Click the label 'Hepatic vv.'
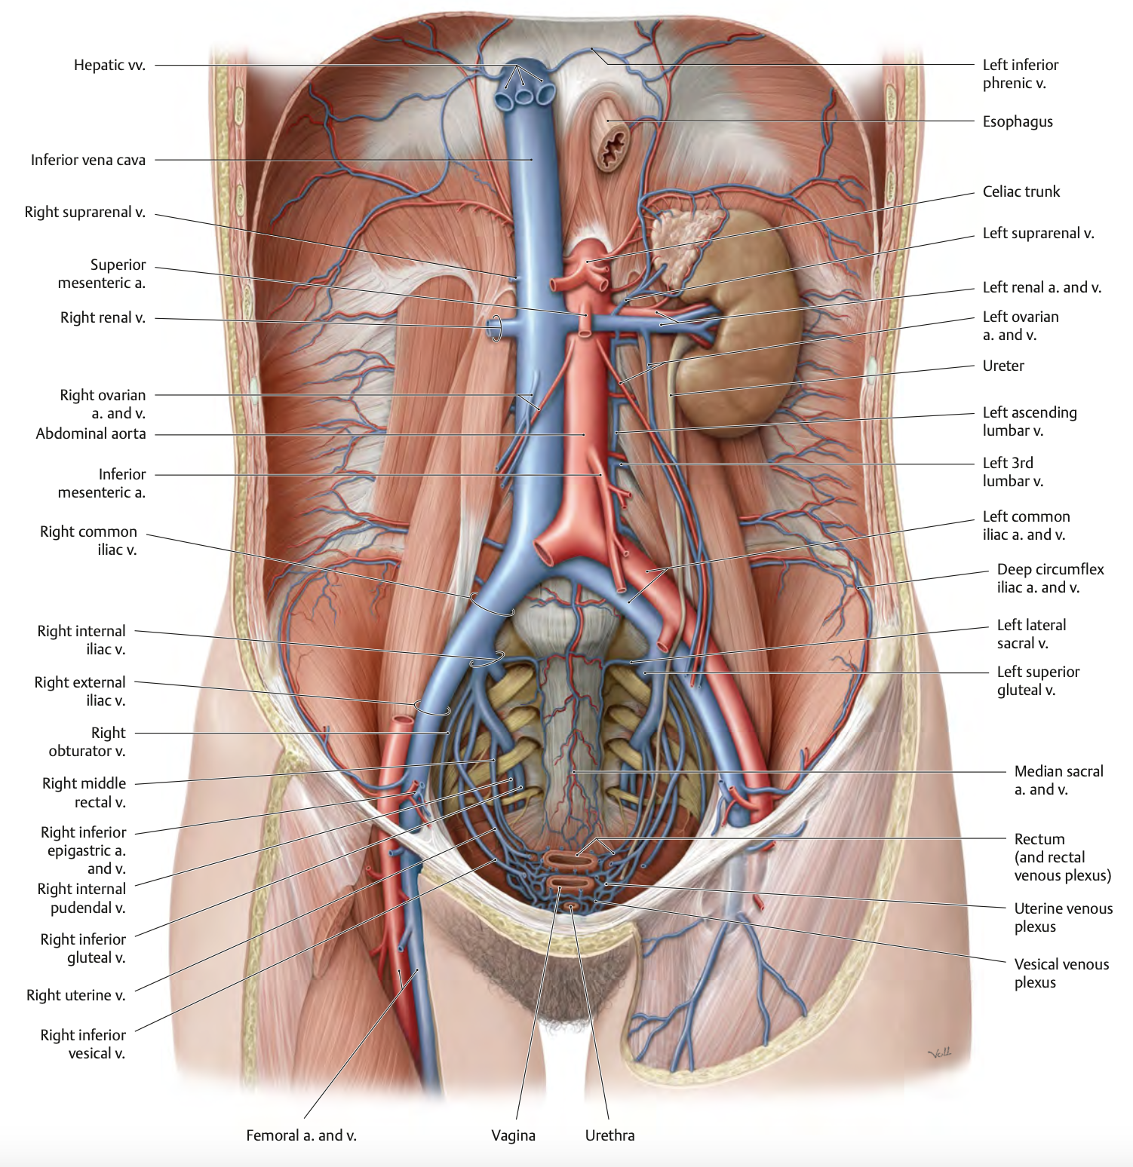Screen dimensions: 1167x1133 point(109,66)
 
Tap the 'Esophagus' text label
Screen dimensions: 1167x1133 point(1017,122)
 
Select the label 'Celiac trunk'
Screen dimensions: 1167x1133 point(1021,192)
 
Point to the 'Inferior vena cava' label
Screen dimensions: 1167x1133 point(88,161)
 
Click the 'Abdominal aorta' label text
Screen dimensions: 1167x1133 point(91,434)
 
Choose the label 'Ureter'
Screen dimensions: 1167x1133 point(1003,366)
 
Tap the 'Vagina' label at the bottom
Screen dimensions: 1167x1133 point(513,1135)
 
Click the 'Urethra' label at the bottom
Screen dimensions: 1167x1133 point(609,1135)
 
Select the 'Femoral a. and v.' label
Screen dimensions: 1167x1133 point(301,1135)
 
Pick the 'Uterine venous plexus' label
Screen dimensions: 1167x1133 point(1063,917)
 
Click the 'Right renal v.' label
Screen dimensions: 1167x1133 point(103,318)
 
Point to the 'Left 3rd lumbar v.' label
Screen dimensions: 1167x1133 point(1012,472)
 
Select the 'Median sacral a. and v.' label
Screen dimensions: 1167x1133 point(1058,780)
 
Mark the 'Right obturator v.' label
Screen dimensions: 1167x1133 point(87,742)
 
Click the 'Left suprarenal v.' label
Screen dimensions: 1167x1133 point(1038,234)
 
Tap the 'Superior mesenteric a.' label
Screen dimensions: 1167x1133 point(102,274)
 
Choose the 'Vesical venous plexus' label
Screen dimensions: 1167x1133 point(1061,973)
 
